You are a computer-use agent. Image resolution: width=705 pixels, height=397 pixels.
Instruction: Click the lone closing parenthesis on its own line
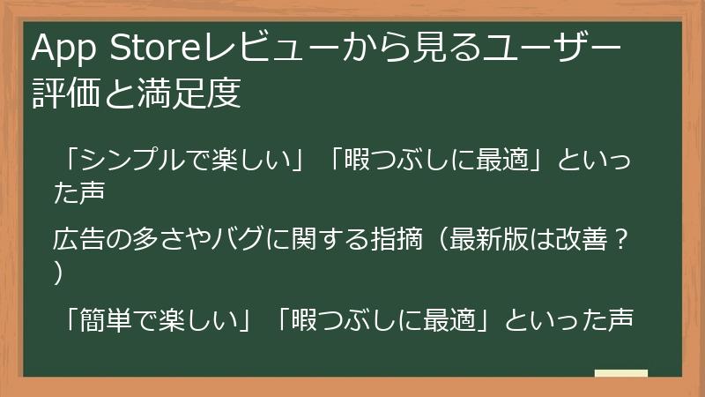coord(59,275)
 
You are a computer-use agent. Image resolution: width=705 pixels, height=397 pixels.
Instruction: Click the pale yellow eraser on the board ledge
coord(621,372)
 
